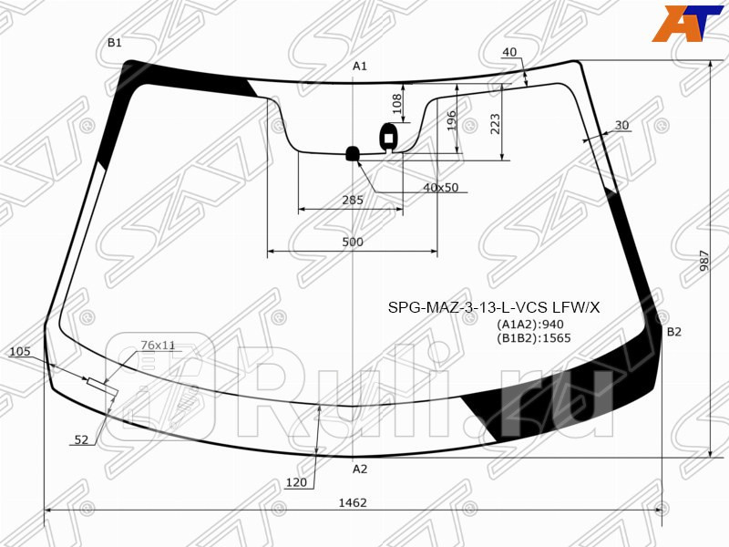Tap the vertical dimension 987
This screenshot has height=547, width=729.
point(704,260)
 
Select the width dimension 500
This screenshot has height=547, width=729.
point(353,243)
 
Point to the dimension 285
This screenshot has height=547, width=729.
point(353,200)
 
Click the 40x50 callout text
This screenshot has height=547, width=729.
point(440,188)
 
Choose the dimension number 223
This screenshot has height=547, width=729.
point(496,124)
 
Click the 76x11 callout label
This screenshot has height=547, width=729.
point(158,346)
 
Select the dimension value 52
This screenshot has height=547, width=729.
point(81,440)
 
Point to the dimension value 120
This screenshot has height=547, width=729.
point(295,483)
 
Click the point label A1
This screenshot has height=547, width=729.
point(360,66)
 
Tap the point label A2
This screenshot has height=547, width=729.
point(360,470)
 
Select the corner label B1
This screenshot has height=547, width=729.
point(114,43)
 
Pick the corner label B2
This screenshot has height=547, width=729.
point(673,332)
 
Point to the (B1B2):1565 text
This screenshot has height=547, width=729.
point(533,338)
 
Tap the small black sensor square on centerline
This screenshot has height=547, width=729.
point(352,153)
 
